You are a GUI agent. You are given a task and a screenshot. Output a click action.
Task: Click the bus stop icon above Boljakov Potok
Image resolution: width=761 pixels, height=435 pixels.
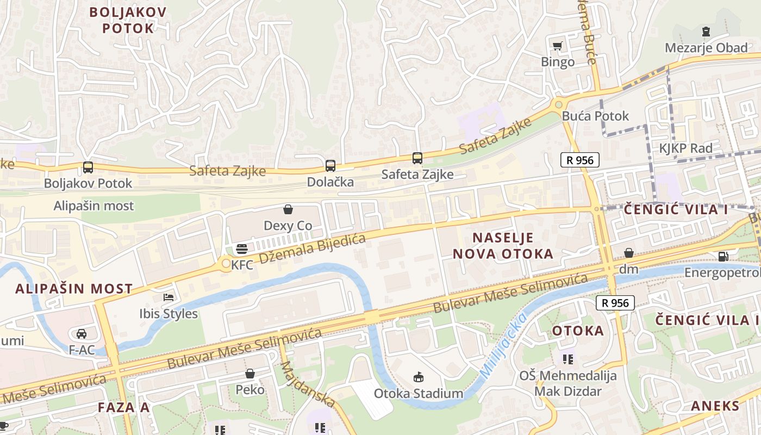pyautogui.click(x=88, y=167)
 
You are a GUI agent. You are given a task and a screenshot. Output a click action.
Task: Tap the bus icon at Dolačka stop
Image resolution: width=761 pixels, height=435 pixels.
pyautogui.click(x=330, y=166)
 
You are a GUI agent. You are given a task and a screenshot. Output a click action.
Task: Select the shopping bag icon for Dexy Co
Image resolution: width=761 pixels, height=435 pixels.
pyautogui.click(x=288, y=209)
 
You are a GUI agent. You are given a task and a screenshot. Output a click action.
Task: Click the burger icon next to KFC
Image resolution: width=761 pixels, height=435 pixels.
pyautogui.click(x=242, y=249)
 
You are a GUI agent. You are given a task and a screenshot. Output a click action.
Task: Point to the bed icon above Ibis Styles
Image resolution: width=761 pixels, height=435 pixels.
pyautogui.click(x=169, y=297)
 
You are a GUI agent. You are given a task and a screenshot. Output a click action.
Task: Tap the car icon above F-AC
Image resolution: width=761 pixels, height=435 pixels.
pyautogui.click(x=82, y=333)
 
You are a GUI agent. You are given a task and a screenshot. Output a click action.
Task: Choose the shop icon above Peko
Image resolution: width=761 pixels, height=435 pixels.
pyautogui.click(x=250, y=374)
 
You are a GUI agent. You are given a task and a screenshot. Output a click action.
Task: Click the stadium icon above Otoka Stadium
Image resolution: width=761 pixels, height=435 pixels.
pyautogui.click(x=419, y=377)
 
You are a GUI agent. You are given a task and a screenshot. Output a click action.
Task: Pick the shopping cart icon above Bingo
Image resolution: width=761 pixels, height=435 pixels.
pyautogui.click(x=557, y=46)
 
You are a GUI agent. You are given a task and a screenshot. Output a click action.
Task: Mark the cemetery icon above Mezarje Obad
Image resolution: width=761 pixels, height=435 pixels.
pyautogui.click(x=706, y=31)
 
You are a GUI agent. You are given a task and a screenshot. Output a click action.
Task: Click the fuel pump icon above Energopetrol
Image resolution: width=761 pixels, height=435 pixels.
pyautogui.click(x=723, y=256)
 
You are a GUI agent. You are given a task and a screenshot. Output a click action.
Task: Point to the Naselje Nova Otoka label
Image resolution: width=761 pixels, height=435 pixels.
pyautogui.click(x=503, y=245)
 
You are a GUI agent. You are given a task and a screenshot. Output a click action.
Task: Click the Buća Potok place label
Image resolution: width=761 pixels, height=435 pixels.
pyautogui.click(x=595, y=116)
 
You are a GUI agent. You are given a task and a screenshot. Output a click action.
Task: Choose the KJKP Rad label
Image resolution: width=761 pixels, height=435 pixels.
pyautogui.click(x=685, y=148)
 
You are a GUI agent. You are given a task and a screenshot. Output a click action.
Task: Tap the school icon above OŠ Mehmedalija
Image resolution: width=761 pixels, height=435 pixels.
pyautogui.click(x=568, y=359)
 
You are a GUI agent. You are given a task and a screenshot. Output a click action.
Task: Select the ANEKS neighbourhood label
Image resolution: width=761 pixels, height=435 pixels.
pyautogui.click(x=715, y=406)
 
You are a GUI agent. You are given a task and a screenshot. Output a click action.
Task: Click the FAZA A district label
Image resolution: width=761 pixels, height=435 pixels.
pyautogui.click(x=123, y=407)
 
